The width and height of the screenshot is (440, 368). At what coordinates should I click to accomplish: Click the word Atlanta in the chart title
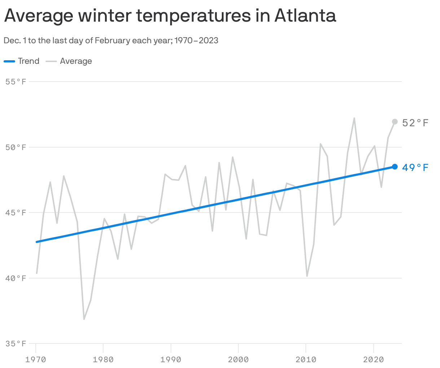(305, 15)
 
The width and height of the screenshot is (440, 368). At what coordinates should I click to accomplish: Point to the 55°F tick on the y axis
(16, 82)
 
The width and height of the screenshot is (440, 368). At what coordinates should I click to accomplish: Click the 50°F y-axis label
(16, 147)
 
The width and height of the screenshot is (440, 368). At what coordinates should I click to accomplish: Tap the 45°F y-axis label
(16, 213)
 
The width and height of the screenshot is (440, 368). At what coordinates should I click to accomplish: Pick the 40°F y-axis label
(16, 278)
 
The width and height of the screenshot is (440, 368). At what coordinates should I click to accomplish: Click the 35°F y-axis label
(16, 343)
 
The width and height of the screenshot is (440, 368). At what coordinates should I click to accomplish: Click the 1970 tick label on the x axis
(36, 359)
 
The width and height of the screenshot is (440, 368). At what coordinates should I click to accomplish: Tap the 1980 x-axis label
(103, 359)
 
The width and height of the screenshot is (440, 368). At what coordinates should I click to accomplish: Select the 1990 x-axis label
(171, 359)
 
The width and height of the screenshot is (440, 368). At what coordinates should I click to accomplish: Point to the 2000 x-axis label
(238, 359)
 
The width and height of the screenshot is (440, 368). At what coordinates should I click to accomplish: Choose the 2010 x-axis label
(306, 359)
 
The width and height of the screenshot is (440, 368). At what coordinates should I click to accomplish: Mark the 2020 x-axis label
(373, 359)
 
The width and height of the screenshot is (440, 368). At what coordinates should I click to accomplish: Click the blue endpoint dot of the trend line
(395, 167)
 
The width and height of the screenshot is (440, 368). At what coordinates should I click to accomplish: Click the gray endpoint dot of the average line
(395, 122)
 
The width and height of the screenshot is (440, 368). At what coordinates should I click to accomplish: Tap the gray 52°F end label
(415, 123)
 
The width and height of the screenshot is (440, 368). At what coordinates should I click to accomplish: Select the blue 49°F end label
(415, 168)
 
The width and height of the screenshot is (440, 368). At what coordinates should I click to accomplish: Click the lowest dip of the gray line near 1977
(84, 319)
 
